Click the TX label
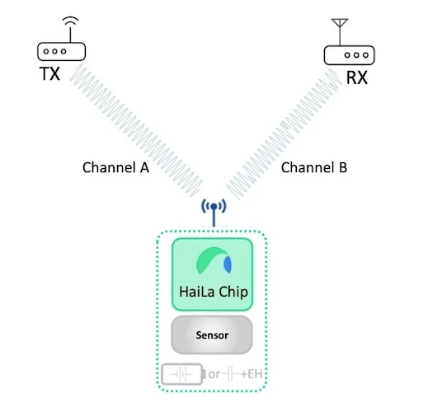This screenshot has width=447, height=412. click(x=49, y=74)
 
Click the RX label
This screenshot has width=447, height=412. click(x=357, y=77)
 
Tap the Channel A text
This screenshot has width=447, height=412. click(x=115, y=167)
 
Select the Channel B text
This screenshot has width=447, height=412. click(x=314, y=167)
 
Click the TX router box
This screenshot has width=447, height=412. click(x=62, y=52)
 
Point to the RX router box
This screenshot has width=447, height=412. click(x=349, y=55)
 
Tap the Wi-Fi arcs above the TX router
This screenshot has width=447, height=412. click(x=70, y=21)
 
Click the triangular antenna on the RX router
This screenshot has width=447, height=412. click(x=340, y=23)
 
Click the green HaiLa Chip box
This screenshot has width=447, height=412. click(x=213, y=274)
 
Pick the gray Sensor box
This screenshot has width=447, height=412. click(x=212, y=335)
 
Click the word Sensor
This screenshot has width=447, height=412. click(x=212, y=335)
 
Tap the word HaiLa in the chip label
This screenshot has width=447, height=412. click(x=197, y=292)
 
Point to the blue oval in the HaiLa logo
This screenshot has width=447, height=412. click(x=228, y=265)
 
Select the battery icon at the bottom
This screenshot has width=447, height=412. click(x=183, y=374)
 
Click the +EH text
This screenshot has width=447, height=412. click(x=252, y=374)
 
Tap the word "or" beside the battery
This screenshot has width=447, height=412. click(x=214, y=374)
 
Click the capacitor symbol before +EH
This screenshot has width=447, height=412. click(x=230, y=374)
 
